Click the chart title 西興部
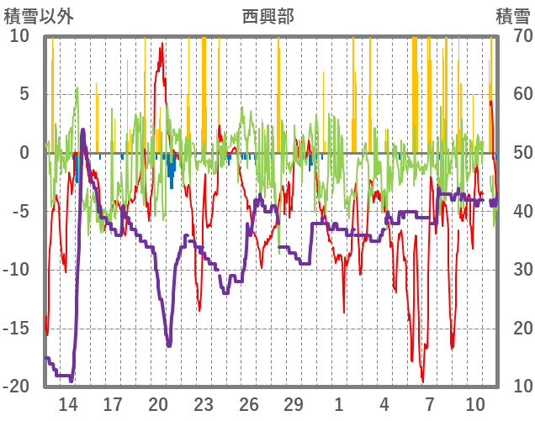coord(267,16)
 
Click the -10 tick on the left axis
coord(18,270)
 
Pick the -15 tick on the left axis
coord(18,328)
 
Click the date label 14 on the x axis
coord(68,404)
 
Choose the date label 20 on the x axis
coord(158,404)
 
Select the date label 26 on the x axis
coord(248,404)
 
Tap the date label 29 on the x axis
coord(294,404)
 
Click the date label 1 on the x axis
coord(339,404)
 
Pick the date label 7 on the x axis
coord(429,404)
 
